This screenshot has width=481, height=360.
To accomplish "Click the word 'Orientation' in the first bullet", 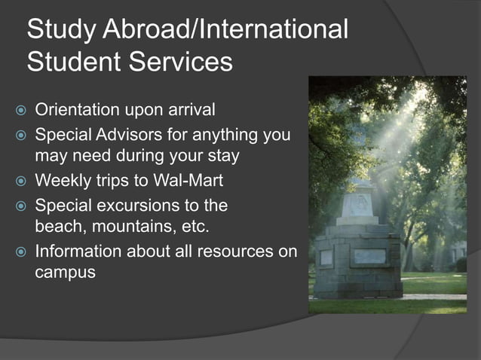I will tap(77, 111).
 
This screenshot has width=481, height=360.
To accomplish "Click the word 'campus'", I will tap(65, 272).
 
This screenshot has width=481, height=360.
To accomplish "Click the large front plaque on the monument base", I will tap(369, 256).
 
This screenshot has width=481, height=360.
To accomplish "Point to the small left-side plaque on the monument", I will tap(326, 257).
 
